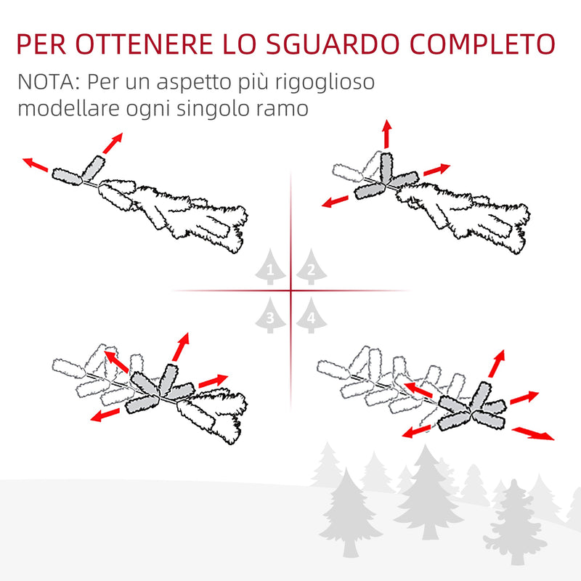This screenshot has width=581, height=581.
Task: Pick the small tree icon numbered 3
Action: pyautogui.click(x=270, y=316)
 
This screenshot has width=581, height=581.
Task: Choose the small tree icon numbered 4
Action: pyautogui.click(x=310, y=316)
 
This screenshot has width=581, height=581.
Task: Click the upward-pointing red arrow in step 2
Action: pyautogui.click(x=386, y=134)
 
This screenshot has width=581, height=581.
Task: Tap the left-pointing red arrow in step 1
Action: pyautogui.click(x=36, y=165)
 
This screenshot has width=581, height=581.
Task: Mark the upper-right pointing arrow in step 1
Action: pyautogui.click(x=113, y=142)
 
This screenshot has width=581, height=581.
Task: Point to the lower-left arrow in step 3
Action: pyautogui.click(x=106, y=415)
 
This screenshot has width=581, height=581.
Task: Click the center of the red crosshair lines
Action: pyautogui.click(x=290, y=290)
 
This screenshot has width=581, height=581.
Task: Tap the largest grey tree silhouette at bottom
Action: pyautogui.click(x=428, y=494)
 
